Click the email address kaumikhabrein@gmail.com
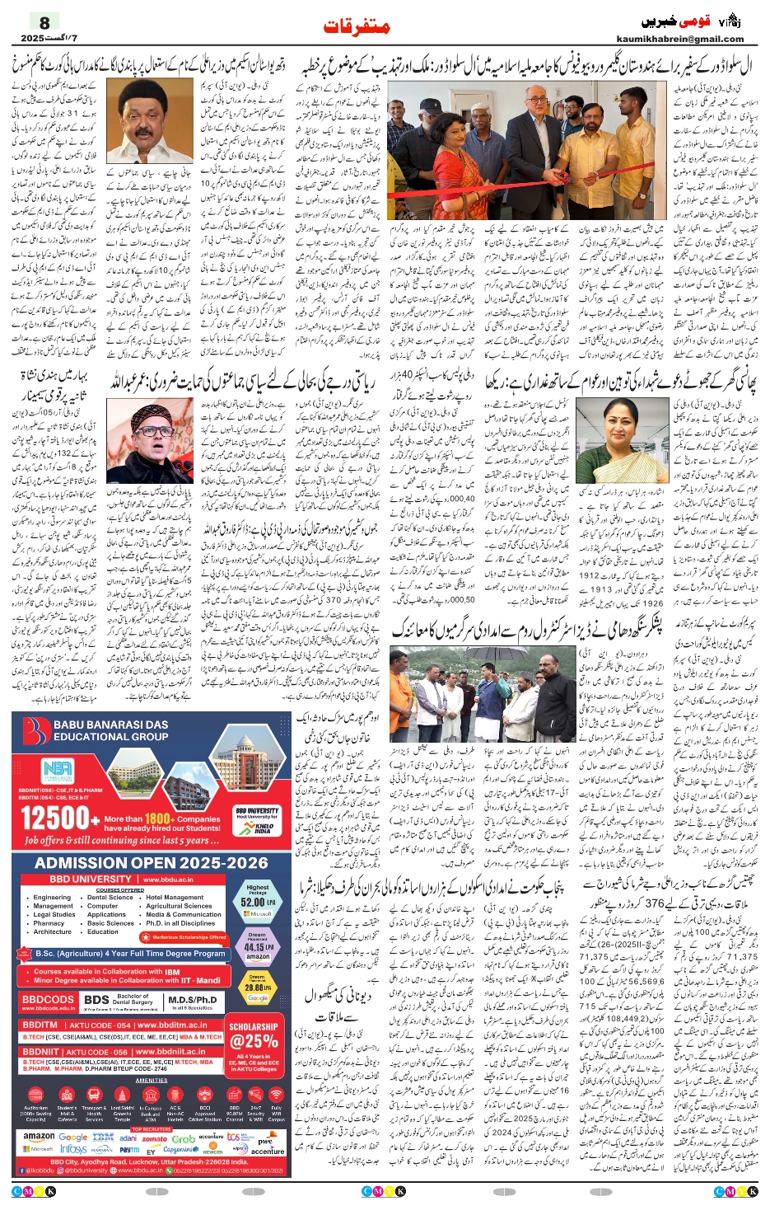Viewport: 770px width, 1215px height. pyautogui.click(x=679, y=39)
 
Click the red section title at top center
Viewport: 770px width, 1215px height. pyautogui.click(x=357, y=26)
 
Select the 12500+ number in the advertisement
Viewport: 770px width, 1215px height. pyautogui.click(x=54, y=819)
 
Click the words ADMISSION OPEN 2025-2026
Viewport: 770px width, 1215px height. pyautogui.click(x=151, y=863)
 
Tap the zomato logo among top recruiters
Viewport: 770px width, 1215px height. pyautogui.click(x=154, y=1138)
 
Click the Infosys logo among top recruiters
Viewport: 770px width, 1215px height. pyautogui.click(x=74, y=1149)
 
